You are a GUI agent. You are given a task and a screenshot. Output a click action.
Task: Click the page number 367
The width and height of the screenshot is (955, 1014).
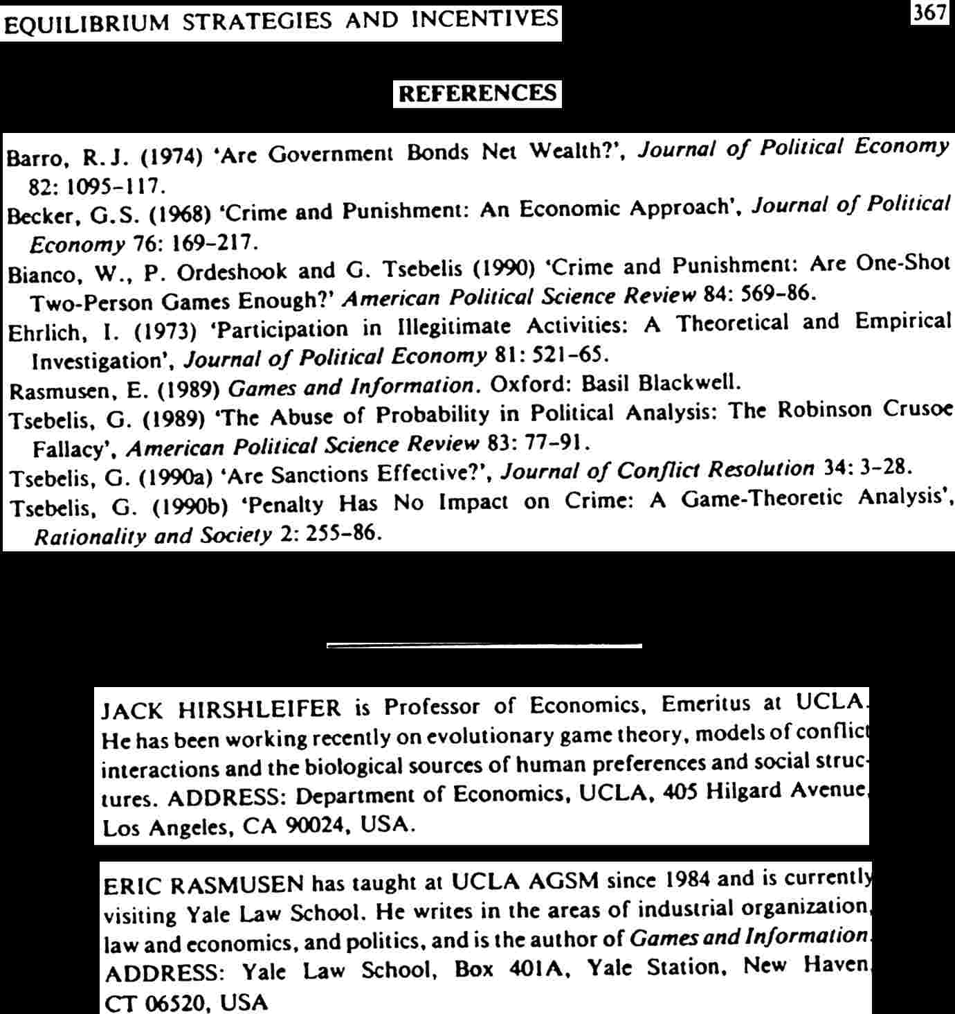[929, 12]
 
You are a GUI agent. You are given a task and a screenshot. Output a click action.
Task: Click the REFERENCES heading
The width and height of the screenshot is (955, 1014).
[477, 94]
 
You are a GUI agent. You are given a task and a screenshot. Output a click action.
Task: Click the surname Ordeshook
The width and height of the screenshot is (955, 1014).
[232, 272]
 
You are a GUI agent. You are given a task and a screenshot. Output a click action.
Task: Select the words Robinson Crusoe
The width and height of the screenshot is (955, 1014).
[866, 409]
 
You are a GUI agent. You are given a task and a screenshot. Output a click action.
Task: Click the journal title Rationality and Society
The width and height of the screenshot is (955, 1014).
[153, 536]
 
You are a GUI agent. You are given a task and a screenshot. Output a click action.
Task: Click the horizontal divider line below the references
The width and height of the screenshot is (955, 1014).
[484, 646]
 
